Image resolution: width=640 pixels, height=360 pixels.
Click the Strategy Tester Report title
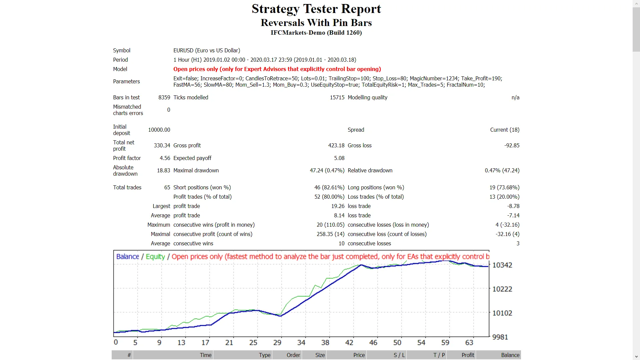click(316, 9)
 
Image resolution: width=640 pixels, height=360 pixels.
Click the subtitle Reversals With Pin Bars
click(316, 23)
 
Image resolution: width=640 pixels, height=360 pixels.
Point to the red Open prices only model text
click(277, 69)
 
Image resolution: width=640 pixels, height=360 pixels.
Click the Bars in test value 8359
click(164, 97)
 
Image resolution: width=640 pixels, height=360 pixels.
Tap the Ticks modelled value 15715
click(337, 97)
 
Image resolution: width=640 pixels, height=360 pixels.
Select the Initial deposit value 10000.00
click(159, 130)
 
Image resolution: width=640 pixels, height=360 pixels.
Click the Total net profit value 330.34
click(162, 145)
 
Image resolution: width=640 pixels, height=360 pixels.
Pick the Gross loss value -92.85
click(512, 145)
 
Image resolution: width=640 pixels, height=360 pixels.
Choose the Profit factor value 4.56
click(165, 158)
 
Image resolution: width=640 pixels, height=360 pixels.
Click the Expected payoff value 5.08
click(339, 158)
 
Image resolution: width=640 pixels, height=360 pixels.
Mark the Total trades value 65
click(167, 187)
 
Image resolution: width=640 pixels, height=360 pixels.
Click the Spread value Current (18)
click(504, 130)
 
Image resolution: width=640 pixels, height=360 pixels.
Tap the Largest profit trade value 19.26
click(338, 206)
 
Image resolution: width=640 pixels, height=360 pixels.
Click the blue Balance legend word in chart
click(127, 257)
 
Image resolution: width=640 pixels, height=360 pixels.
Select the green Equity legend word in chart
click(155, 257)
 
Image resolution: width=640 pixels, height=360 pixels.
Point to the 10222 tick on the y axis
click(502, 289)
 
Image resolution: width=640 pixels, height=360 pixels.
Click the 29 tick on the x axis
click(277, 342)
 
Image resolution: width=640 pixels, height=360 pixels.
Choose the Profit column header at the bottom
click(468, 355)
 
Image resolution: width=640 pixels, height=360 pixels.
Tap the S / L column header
click(399, 355)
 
